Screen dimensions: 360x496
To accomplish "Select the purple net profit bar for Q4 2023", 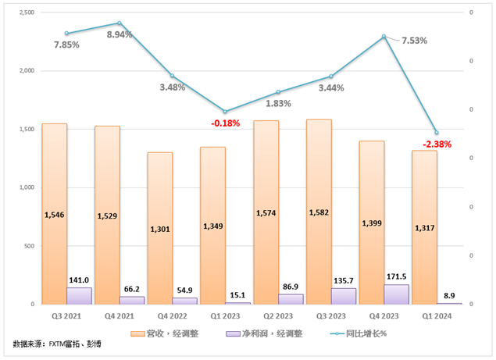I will coord(396,294).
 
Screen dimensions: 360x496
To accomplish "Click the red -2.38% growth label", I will coord(437,144).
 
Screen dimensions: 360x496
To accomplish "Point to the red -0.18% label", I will coord(226,123).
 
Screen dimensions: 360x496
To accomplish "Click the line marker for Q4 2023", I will coord(384,37).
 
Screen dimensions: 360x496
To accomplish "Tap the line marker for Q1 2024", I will coord(437,133).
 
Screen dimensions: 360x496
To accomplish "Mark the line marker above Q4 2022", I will coord(173,76).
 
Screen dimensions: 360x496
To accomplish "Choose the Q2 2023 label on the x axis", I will coord(279,317).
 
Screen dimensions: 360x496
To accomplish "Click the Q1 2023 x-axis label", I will coord(226,317).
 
